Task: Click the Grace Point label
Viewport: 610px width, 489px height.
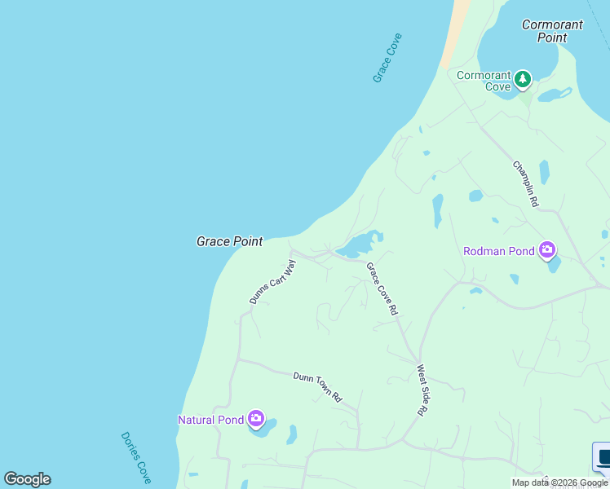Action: pos(229,241)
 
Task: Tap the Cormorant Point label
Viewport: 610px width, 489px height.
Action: pos(552,31)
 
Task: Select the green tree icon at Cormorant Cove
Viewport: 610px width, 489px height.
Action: pos(522,80)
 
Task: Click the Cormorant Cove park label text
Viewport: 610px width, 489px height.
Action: pos(484,81)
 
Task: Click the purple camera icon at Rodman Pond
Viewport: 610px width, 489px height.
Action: pos(547,250)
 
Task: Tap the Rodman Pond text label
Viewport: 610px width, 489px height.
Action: pos(499,251)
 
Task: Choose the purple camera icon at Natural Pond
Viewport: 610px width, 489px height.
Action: pos(255,420)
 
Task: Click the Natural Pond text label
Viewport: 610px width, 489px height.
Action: pos(210,420)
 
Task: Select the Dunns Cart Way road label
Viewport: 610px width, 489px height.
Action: pos(272,282)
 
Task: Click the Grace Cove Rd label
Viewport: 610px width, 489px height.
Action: pos(382,289)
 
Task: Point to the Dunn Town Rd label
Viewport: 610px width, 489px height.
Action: pos(317,385)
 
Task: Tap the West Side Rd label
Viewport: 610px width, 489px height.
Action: pos(422,390)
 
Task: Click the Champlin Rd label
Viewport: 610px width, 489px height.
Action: pos(526,183)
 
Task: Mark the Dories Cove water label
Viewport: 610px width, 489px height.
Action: pos(136,457)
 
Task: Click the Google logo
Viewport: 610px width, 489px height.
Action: pos(27,479)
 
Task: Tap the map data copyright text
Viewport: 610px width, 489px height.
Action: pos(559,483)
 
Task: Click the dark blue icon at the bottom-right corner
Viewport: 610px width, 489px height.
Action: pos(603,456)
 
